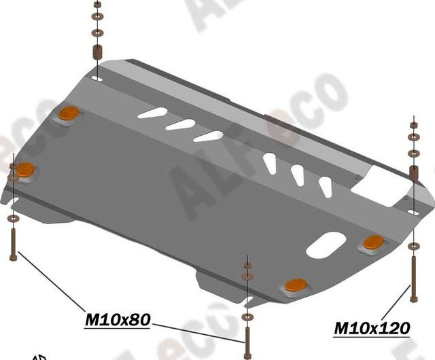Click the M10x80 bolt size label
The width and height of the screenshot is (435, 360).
pyautogui.click(x=117, y=319)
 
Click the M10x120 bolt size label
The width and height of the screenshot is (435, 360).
pyautogui.click(x=372, y=328)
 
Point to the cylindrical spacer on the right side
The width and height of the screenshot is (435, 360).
pyautogui.click(x=413, y=170)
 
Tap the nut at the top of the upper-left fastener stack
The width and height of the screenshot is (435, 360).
pyautogui.click(x=96, y=5)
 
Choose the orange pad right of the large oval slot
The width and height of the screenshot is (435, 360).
pyautogui.click(x=372, y=242)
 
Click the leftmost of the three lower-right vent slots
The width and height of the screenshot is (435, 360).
pyautogui.click(x=271, y=164)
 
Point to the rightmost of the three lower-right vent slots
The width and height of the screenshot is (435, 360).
pyautogui.click(x=326, y=185)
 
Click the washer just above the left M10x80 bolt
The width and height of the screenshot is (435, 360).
pyautogui.click(x=13, y=219)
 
